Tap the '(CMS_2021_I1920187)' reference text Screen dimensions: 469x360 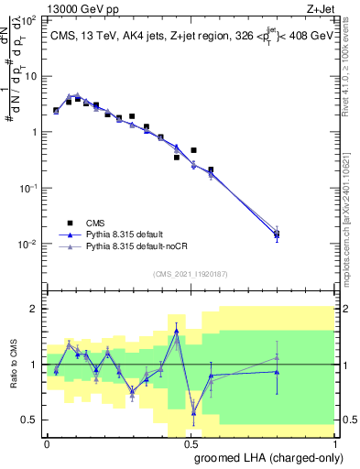(190, 273)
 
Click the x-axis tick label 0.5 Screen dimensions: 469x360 (191, 442)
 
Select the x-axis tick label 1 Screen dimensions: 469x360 (335, 442)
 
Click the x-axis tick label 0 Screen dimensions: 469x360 (48, 442)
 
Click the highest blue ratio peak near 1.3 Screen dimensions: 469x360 (177, 330)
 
